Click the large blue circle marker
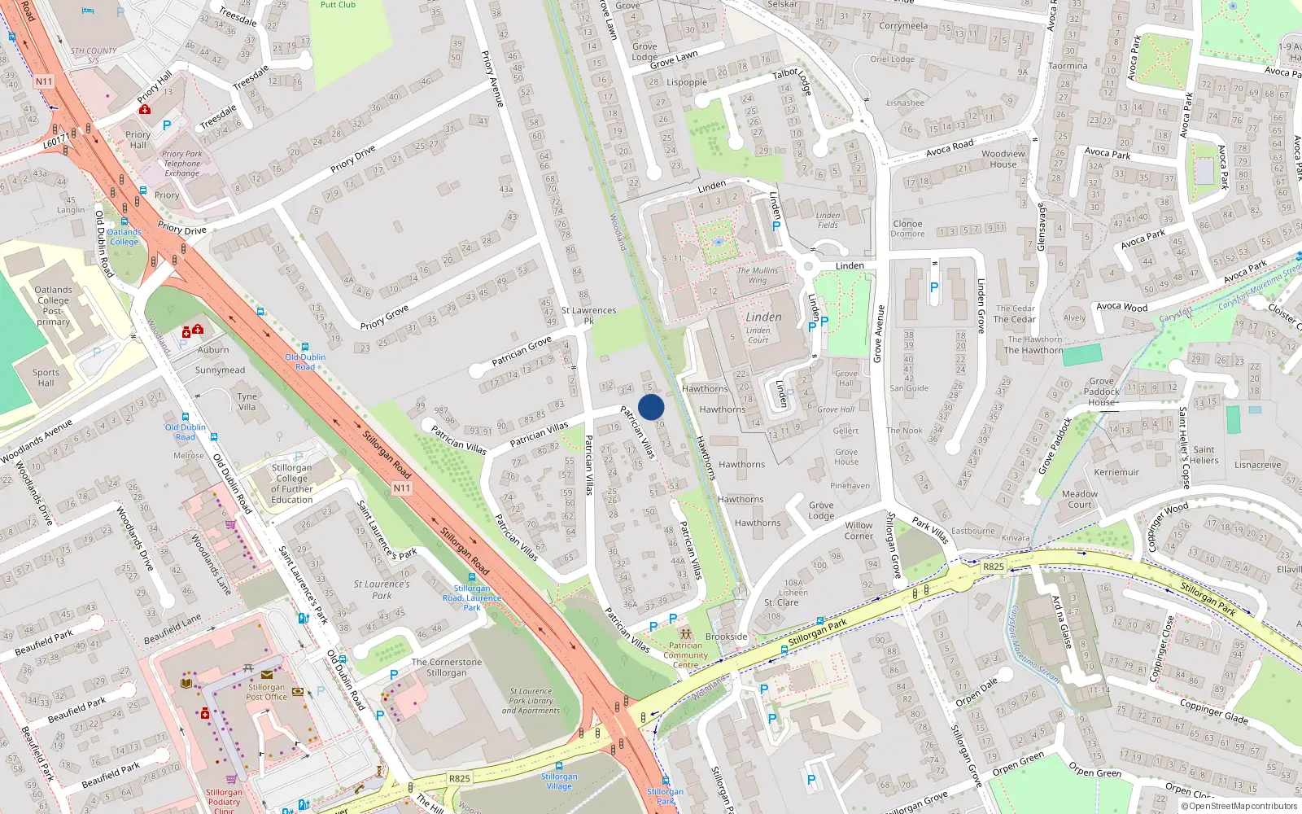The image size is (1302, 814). pos(651,407)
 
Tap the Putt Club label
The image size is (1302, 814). pos(338,5)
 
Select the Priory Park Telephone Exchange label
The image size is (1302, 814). pos(181,163)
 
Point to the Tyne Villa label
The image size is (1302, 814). pos(247,401)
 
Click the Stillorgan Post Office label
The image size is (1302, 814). pos(267,692)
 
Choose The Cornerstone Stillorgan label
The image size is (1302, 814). pos(447,667)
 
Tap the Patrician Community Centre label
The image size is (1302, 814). pos(685,655)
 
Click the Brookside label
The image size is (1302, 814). pos(726,637)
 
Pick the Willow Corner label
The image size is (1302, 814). pos(859,531)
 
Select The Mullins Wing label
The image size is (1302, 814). pos(758,275)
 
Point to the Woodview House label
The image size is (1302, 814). pos(1003,159)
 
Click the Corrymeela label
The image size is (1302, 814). pos(902,26)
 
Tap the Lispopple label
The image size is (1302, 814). pos(687,82)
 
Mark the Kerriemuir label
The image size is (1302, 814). pos(1116,472)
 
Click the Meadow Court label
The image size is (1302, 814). pos(1080,499)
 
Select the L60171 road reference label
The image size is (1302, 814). pos(57,142)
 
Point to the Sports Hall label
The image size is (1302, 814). pos(46,378)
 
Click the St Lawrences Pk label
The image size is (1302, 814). pos(588,315)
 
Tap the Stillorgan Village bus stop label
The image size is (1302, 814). pos(559,781)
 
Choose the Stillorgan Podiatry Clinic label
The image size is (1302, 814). pos(224,801)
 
